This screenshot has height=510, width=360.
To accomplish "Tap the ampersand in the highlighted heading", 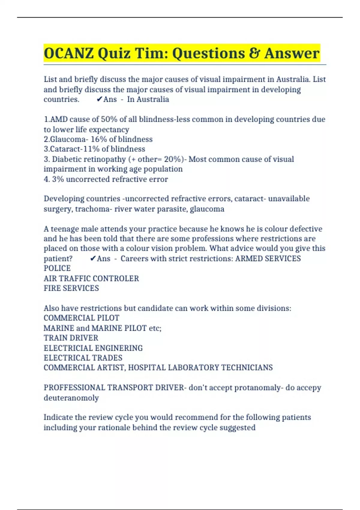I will (x=254, y=53).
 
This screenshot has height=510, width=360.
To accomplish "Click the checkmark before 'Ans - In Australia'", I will (x=99, y=99).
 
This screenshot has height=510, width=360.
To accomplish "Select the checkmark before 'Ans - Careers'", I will (x=93, y=258).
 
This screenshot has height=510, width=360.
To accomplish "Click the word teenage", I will (x=64, y=229).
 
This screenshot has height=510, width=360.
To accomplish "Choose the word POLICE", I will (x=57, y=268).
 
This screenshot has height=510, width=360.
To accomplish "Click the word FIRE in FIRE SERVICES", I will (x=51, y=288).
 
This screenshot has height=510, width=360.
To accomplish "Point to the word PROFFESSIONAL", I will (x=74, y=388).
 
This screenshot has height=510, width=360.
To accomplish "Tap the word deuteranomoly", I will (x=71, y=398).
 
